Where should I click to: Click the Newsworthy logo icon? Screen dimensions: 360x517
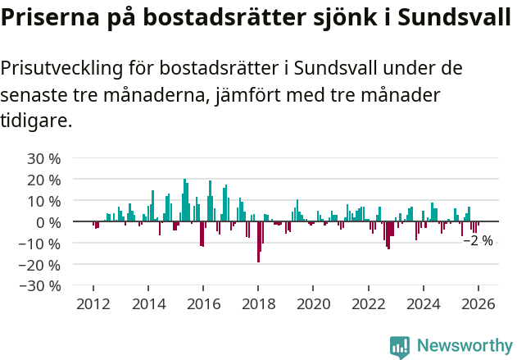[x=399, y=347]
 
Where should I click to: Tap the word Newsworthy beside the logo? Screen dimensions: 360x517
[x=464, y=347]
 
